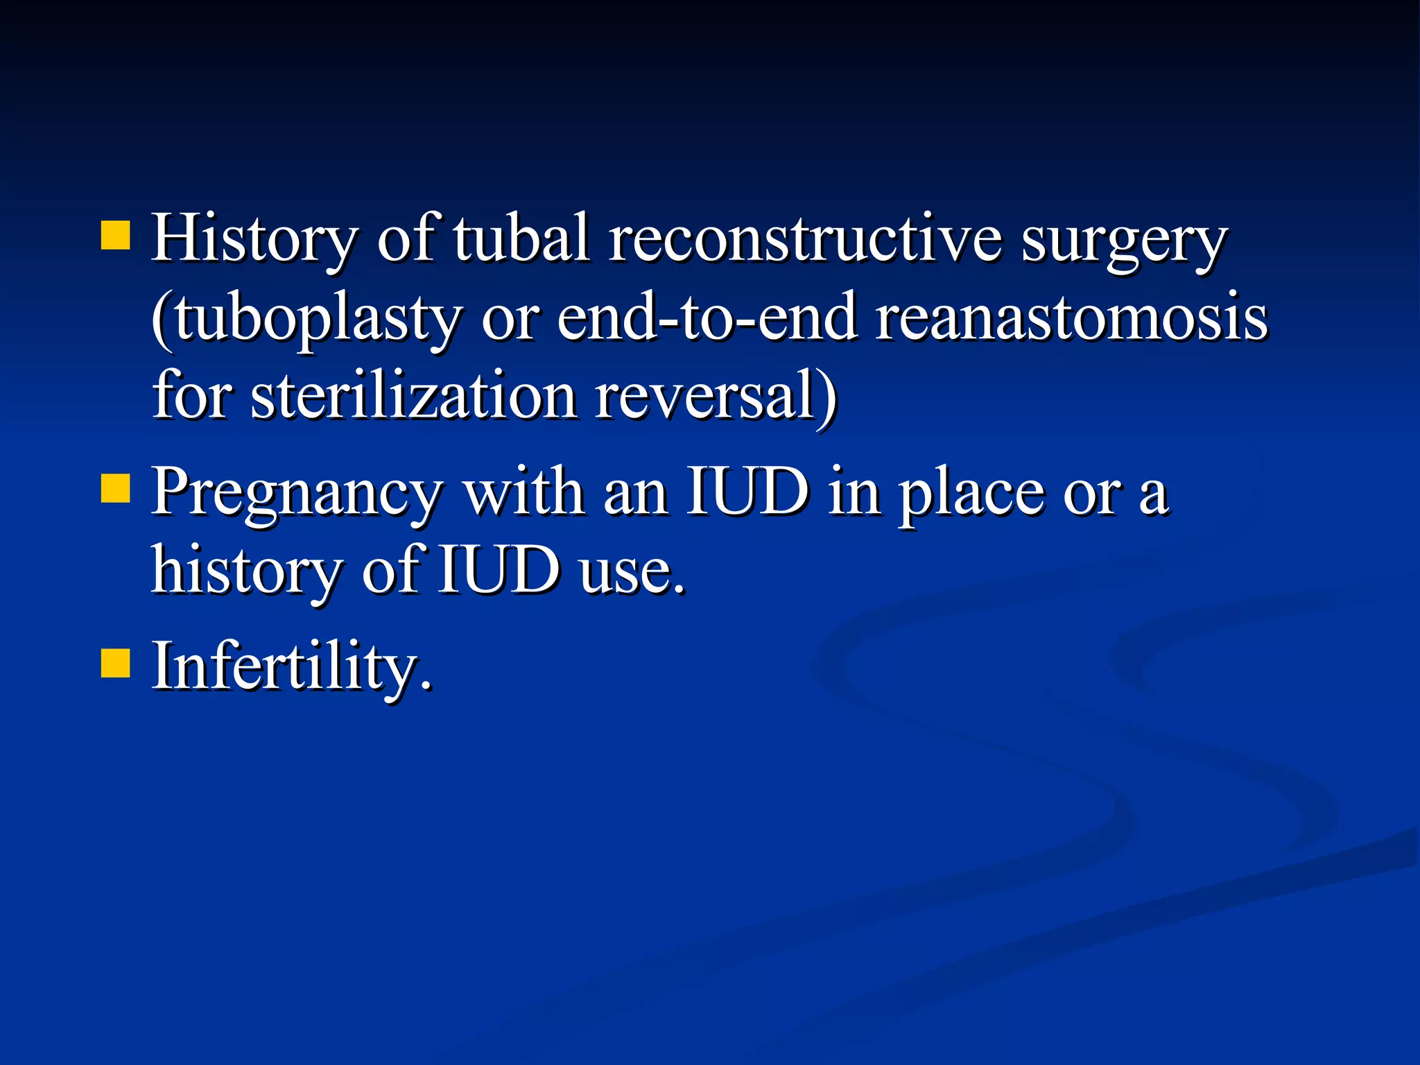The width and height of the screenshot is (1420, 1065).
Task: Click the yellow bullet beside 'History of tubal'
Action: point(116,235)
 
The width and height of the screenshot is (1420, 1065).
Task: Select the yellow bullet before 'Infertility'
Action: point(116,662)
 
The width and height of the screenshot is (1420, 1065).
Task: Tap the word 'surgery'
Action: point(1123,243)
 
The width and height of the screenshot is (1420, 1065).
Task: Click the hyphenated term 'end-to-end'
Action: point(707,318)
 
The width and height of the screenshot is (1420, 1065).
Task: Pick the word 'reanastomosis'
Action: point(1071,318)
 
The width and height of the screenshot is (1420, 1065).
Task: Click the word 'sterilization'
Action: point(414,397)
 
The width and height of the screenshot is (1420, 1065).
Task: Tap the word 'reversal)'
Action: point(716,397)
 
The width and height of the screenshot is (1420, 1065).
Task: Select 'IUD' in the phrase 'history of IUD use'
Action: point(499,570)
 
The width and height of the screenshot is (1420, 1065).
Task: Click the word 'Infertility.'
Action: point(292,666)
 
